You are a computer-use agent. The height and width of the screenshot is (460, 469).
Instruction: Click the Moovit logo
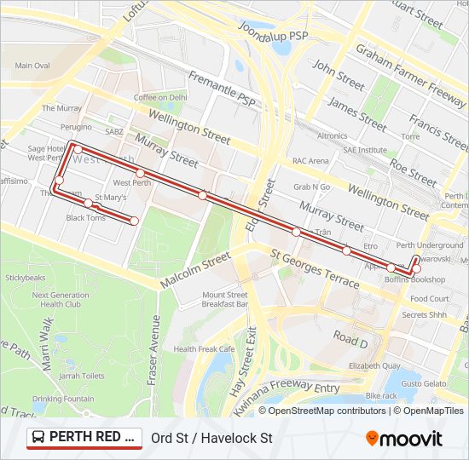click(404, 439)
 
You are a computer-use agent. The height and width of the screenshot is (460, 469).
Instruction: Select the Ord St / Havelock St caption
click(211, 439)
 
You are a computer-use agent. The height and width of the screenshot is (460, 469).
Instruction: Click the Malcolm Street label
click(195, 269)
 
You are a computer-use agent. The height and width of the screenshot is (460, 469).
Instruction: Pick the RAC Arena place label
click(310, 160)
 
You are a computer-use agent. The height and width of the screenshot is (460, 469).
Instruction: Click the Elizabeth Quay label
click(374, 365)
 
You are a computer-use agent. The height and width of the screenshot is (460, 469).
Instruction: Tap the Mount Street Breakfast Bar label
click(225, 299)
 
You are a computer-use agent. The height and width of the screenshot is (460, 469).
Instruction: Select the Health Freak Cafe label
click(204, 348)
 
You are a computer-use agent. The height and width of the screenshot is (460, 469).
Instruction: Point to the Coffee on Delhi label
click(159, 97)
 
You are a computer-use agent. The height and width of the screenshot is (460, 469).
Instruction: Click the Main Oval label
click(32, 66)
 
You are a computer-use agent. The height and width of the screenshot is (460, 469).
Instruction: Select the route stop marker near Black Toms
click(89, 203)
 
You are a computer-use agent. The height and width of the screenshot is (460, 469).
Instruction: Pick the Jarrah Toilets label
click(82, 376)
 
